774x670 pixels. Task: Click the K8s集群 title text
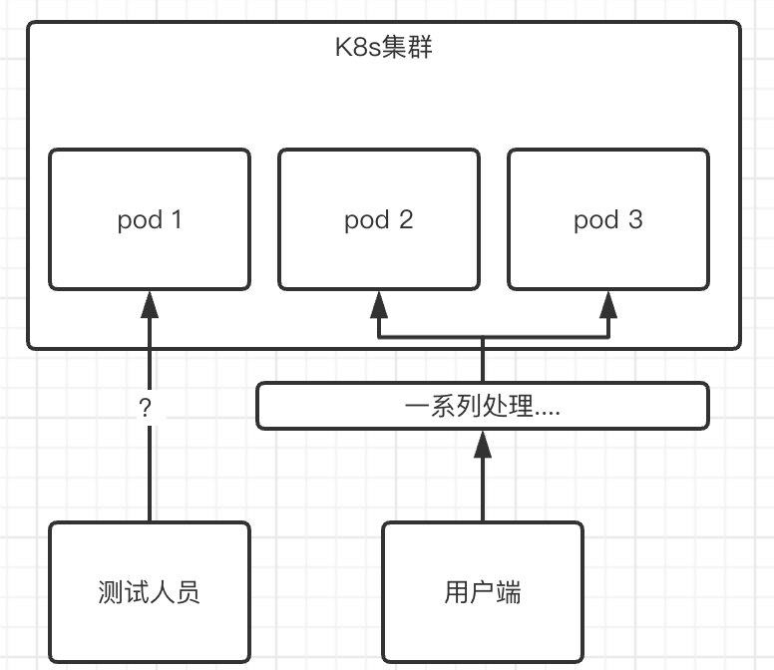coord(384,48)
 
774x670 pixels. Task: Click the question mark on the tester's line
coord(145,408)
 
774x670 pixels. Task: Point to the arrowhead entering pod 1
coord(150,304)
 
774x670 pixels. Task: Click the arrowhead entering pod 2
coord(379,304)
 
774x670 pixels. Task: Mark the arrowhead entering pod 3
coord(608,304)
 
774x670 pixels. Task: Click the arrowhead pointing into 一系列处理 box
coord(483,444)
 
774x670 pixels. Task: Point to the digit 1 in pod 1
coord(177,219)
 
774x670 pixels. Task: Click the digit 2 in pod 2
coord(406,219)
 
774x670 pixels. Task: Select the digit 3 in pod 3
coord(635,219)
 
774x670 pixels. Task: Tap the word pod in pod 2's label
coord(367,220)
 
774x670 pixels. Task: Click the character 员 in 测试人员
coord(188,592)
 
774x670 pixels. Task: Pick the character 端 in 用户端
coord(509,592)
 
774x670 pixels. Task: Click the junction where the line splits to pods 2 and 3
coord(483,337)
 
